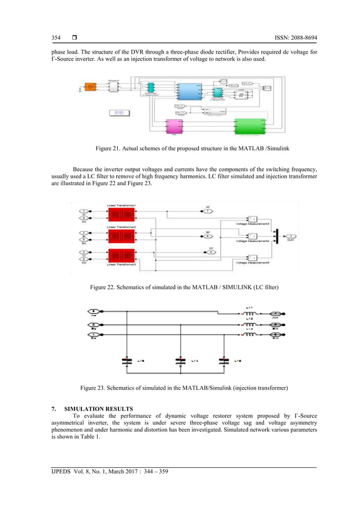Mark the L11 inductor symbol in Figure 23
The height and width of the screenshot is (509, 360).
point(249,313)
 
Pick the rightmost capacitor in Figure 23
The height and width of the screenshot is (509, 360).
point(225,360)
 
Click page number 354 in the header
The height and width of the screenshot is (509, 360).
point(56,38)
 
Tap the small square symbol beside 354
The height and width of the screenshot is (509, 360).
point(74,38)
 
